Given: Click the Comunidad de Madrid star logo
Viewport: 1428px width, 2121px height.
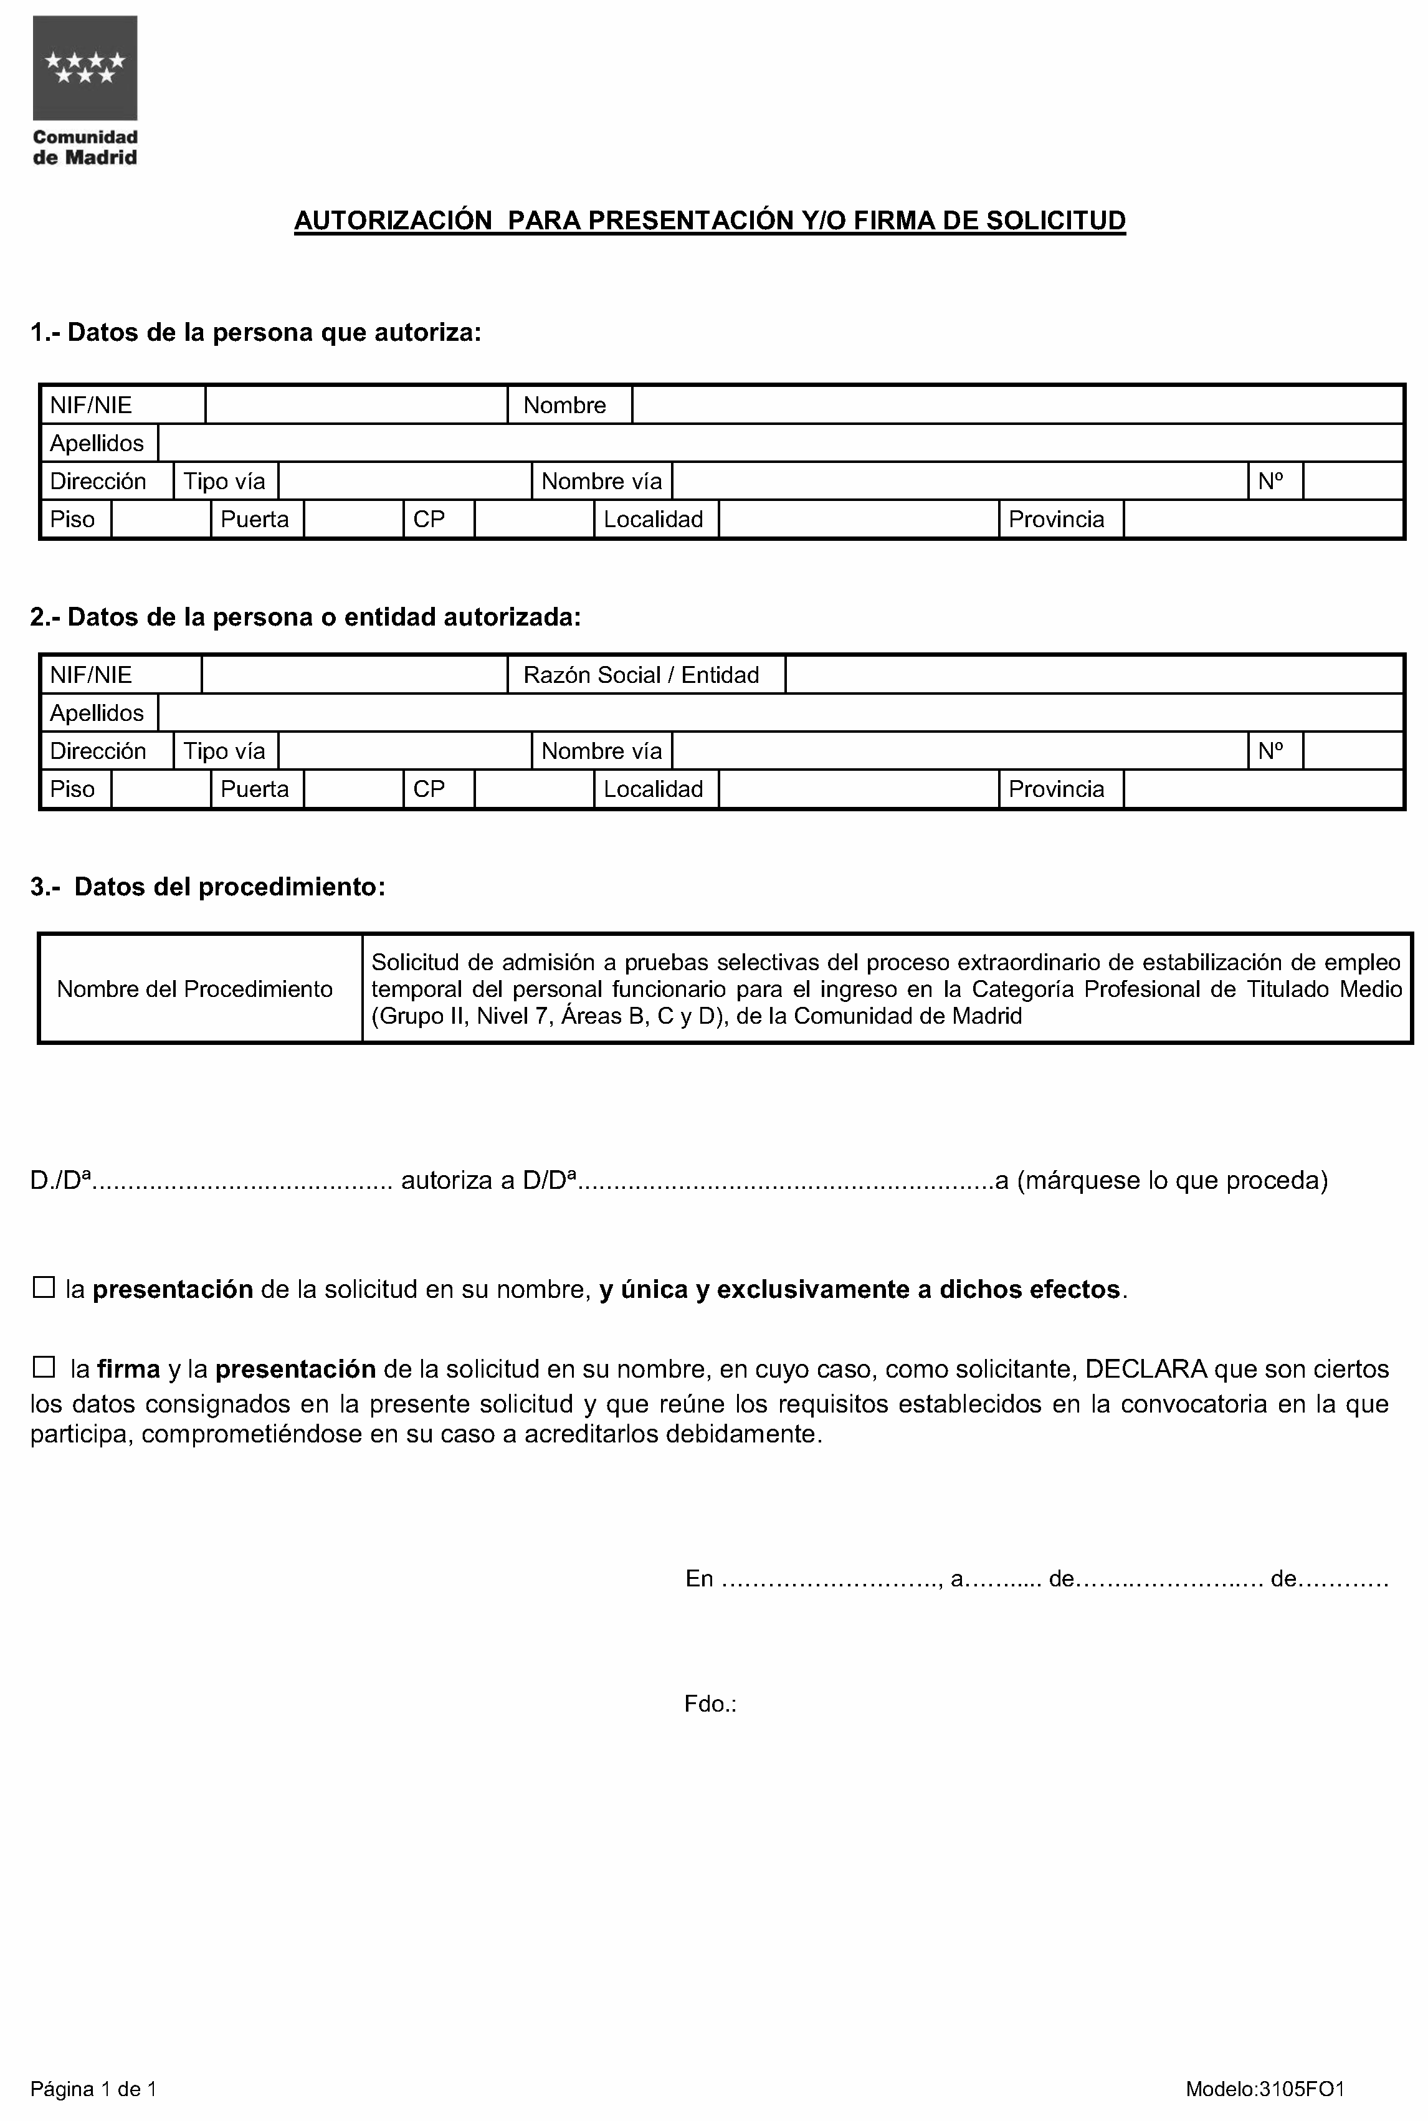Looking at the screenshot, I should pyautogui.click(x=85, y=69).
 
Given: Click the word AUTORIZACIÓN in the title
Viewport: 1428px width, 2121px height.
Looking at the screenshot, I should pyautogui.click(x=393, y=221).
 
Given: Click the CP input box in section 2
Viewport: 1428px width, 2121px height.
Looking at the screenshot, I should pyautogui.click(x=534, y=789).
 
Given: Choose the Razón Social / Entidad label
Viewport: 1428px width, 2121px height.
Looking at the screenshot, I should pyautogui.click(x=640, y=675).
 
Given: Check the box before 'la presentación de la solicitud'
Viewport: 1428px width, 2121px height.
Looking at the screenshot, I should pyautogui.click(x=44, y=1288).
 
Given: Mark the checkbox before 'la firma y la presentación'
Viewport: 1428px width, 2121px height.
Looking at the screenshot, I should pyautogui.click(x=44, y=1367).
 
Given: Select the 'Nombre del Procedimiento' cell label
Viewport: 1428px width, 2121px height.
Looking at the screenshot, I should pyautogui.click(x=195, y=989).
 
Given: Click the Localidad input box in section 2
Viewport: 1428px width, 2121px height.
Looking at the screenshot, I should pyautogui.click(x=858, y=789).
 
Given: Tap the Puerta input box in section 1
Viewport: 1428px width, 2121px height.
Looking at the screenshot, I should pyautogui.click(x=353, y=519).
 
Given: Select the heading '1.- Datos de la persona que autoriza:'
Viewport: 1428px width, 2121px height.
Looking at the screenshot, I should pyautogui.click(x=256, y=332).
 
